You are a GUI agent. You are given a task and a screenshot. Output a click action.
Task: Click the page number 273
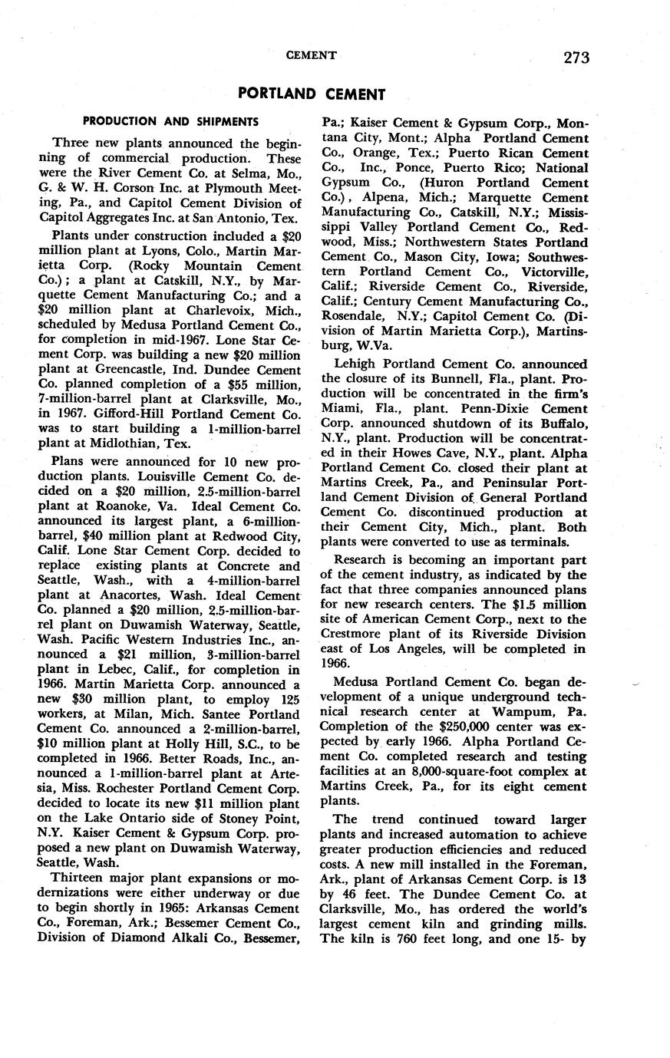point(575,57)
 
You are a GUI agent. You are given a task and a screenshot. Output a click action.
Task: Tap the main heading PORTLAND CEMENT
point(312,94)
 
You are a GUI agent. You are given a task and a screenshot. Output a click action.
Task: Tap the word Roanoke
point(118,507)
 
